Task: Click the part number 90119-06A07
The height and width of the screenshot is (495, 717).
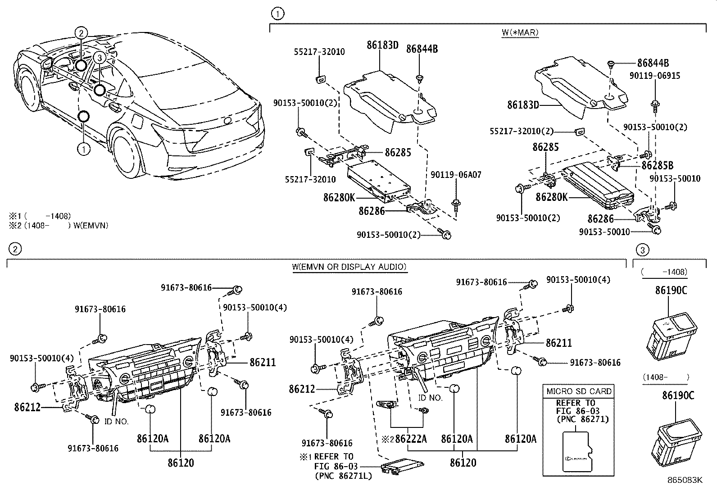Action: (x=456, y=175)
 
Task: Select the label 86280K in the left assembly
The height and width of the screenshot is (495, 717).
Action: (x=339, y=197)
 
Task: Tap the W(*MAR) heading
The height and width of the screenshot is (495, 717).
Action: (x=520, y=32)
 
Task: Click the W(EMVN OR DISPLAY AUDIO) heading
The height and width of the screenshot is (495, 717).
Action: (x=349, y=267)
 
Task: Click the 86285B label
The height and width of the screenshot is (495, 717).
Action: (x=658, y=165)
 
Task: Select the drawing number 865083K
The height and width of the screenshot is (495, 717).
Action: (x=685, y=480)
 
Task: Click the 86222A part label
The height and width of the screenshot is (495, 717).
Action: (x=411, y=439)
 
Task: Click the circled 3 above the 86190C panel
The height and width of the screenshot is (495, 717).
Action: (x=643, y=250)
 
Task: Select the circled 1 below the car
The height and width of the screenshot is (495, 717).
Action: (x=84, y=148)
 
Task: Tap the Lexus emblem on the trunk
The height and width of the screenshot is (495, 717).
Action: (x=227, y=121)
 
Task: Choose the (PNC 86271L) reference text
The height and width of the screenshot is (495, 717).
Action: (x=343, y=475)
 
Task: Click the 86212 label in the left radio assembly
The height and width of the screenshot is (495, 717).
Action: (x=27, y=407)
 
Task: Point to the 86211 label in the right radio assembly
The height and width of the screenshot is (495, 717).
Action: (x=558, y=343)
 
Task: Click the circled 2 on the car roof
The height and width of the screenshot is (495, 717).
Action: (x=81, y=32)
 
